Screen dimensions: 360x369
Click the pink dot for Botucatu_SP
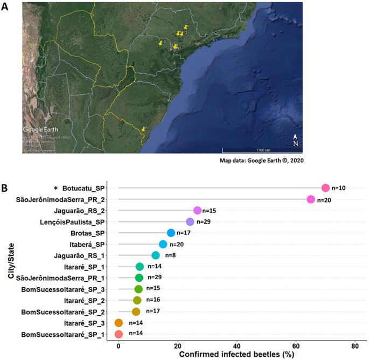pos(325,188)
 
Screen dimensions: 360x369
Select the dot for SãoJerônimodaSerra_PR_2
pos(311,199)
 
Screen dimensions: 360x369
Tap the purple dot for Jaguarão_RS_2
pos(197,210)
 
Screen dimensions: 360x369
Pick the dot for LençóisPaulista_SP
pos(190,221)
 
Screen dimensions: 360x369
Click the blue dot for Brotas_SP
pos(171,233)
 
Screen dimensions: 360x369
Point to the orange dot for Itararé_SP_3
pos(119,323)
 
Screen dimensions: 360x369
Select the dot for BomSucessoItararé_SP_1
pos(119,334)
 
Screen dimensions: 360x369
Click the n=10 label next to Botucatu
pos(339,188)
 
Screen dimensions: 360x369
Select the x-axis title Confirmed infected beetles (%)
pos(236,355)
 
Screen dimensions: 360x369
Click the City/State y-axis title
pos(11,260)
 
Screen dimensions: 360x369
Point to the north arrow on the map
pos(295,140)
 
